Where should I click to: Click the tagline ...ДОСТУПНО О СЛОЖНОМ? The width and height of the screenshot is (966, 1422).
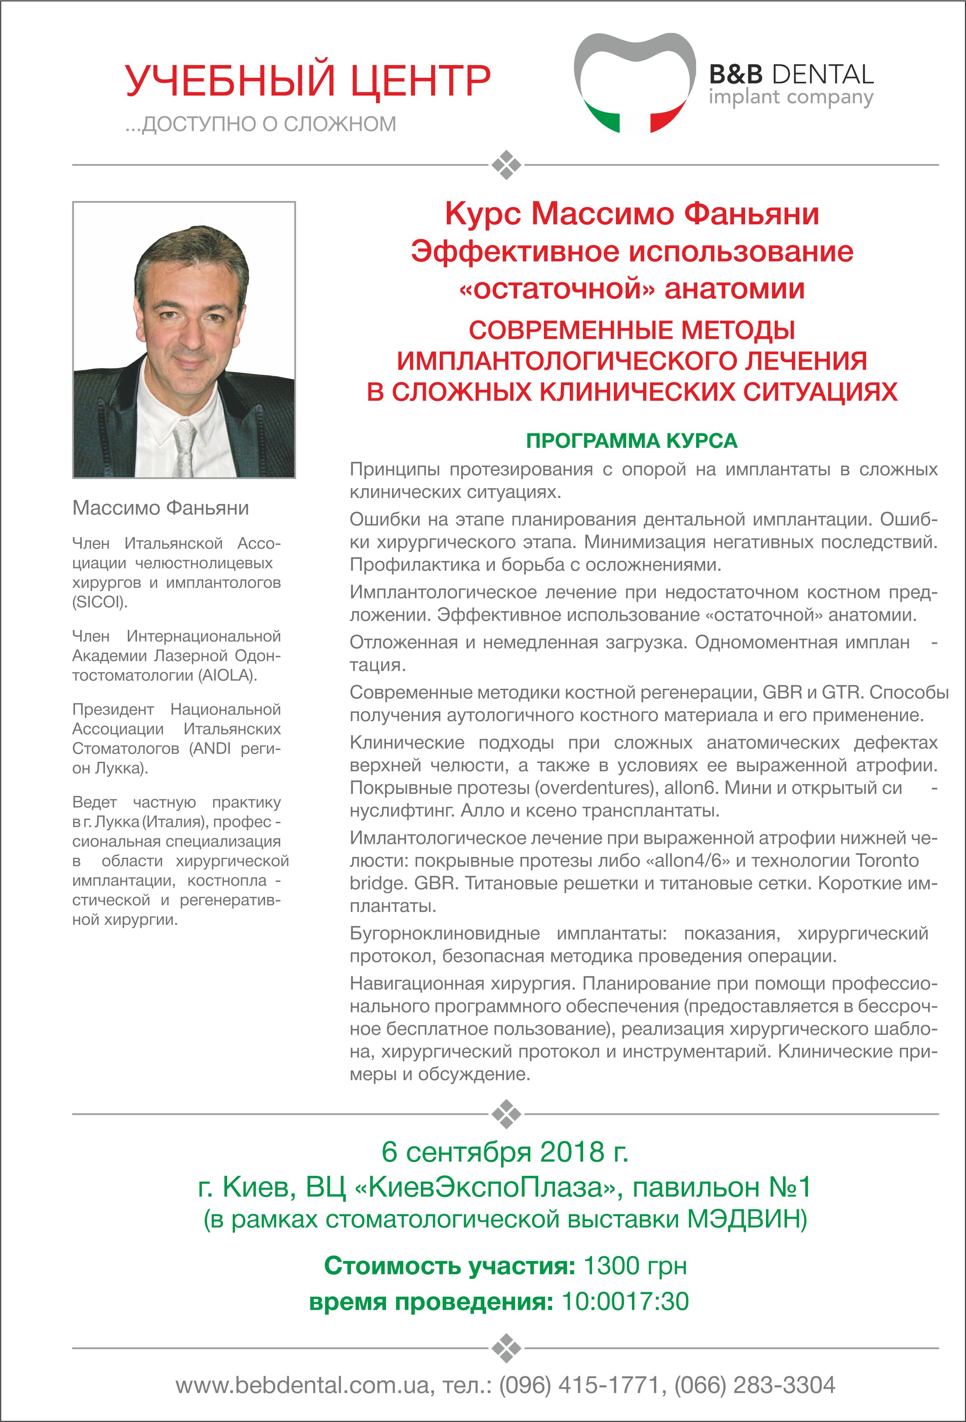click(260, 124)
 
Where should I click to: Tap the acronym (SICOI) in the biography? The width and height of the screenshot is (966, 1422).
click(100, 602)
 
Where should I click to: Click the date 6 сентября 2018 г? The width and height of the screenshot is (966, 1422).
click(505, 1152)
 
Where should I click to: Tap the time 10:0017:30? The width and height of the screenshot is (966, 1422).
click(625, 1301)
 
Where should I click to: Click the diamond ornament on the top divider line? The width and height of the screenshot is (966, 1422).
click(506, 165)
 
